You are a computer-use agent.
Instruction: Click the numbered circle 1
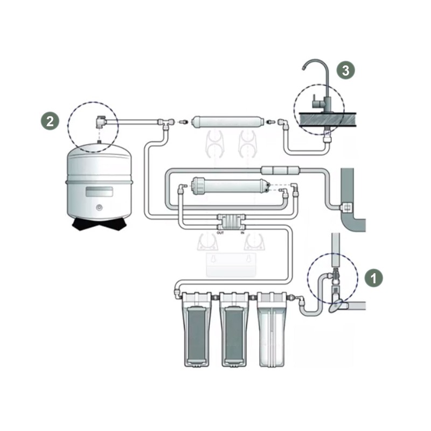(x=373, y=278)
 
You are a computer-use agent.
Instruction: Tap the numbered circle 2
(x=50, y=121)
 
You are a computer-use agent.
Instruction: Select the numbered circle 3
(x=345, y=70)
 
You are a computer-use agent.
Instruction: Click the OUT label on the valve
(x=220, y=233)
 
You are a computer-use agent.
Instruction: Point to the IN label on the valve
(x=242, y=233)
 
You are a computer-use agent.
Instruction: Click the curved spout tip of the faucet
(x=303, y=68)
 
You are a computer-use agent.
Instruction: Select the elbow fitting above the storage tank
(x=100, y=122)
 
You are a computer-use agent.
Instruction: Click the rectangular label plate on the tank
(x=99, y=192)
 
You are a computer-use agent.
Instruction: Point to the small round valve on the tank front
(x=99, y=207)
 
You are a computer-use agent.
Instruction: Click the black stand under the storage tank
(x=99, y=224)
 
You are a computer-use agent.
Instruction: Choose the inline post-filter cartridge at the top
(x=227, y=122)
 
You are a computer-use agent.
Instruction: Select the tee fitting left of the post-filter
(x=165, y=123)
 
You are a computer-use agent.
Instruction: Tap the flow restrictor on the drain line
(x=280, y=170)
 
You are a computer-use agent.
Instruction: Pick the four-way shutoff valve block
(x=232, y=222)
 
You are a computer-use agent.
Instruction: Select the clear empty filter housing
(x=272, y=329)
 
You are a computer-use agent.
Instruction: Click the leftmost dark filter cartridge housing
(x=197, y=329)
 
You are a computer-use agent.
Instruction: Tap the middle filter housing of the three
(x=234, y=329)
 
